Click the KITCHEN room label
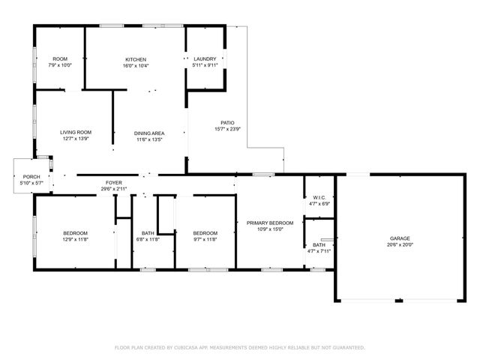coord(136,59)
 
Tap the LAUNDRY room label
coord(205,59)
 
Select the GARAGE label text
coord(399,238)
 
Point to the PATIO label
coord(227,122)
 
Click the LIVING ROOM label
coord(76,132)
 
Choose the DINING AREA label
coord(149,132)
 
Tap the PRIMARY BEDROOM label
coord(270,223)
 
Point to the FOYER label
coord(113,182)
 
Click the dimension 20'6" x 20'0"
coord(400,244)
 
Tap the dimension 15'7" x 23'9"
coord(227,129)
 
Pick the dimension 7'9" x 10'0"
coord(60,65)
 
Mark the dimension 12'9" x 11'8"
coord(75,239)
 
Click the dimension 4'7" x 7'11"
coord(319,251)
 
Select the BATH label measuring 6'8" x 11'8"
coord(148,232)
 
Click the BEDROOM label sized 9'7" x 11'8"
coord(204,232)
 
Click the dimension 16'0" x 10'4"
coord(136,65)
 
